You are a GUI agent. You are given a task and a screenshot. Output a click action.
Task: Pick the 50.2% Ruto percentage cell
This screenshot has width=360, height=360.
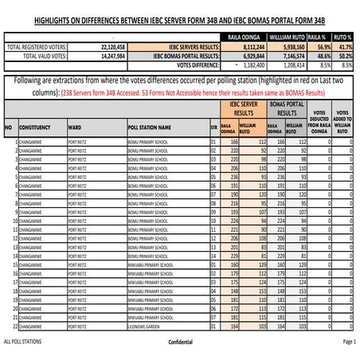[342, 57]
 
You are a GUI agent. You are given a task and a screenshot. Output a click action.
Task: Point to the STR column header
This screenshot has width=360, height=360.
[213, 127]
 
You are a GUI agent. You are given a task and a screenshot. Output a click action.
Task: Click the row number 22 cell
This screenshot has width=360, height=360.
[14, 327]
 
